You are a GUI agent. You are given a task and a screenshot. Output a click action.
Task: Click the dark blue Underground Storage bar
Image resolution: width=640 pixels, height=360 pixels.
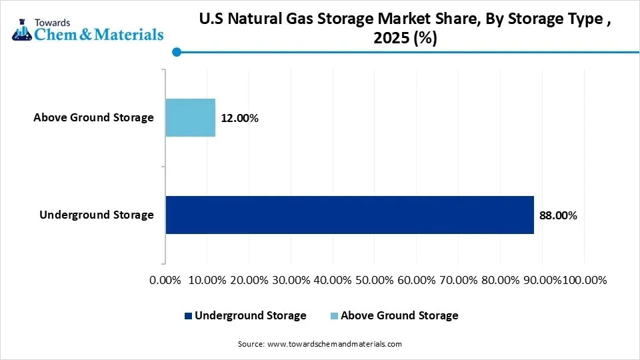pos(349,215)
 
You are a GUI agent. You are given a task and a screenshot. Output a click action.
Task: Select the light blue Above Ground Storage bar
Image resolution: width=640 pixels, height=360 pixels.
pos(190,118)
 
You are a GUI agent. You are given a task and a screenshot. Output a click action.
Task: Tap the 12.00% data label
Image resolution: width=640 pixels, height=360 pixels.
pos(239,119)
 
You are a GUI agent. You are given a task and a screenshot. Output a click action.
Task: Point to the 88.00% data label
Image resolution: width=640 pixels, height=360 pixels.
pos(558,216)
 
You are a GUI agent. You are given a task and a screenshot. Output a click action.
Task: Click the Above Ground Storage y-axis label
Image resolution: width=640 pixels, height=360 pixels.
pos(93,118)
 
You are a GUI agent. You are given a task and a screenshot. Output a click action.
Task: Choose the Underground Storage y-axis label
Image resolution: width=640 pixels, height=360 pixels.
pos(97,215)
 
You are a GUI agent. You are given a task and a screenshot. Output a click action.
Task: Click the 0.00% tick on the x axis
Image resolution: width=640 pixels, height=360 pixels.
pos(166,280)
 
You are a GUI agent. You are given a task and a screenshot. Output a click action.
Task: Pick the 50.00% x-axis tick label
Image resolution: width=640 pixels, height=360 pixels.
pos(375,280)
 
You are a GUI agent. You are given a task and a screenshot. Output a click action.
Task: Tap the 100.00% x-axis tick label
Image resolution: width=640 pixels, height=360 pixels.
pos(585,280)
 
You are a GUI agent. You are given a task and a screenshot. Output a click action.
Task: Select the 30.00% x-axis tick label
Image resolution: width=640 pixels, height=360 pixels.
pos(291,280)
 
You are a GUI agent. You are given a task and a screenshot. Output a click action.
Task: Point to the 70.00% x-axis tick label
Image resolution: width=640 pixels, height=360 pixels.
pos(459,280)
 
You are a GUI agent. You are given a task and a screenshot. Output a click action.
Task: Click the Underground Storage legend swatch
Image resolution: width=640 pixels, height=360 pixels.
pos(188,316)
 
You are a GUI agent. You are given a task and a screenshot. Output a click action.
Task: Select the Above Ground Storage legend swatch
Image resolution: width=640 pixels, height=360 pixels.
pos(334,316)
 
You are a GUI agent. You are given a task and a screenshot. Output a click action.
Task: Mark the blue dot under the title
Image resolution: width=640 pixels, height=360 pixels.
pos(176,52)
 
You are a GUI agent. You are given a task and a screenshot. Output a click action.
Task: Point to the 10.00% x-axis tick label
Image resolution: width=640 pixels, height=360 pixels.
pos(207,280)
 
